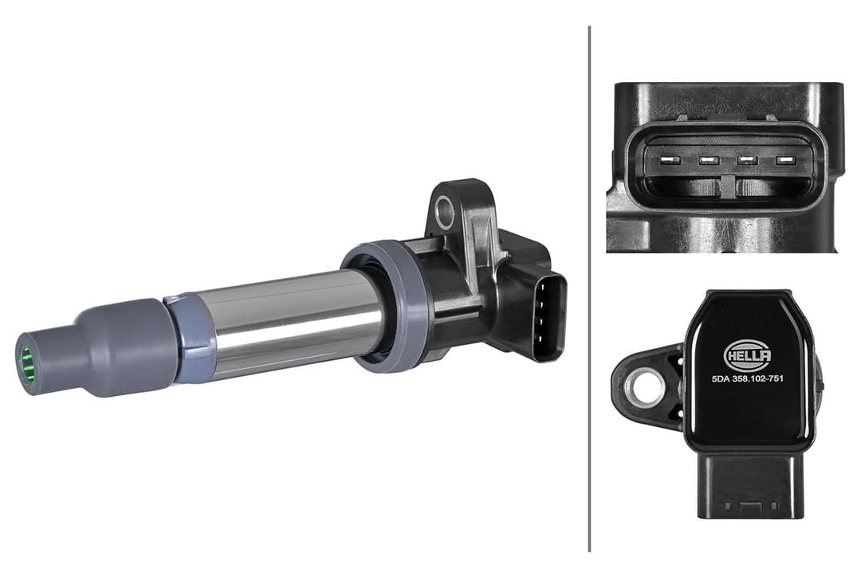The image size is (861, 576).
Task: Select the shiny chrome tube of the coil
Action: [295, 319]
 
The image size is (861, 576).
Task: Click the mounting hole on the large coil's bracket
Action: [445, 212]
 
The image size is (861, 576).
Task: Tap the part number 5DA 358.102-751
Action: [746, 378]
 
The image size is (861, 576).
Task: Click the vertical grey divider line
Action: [589, 287]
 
